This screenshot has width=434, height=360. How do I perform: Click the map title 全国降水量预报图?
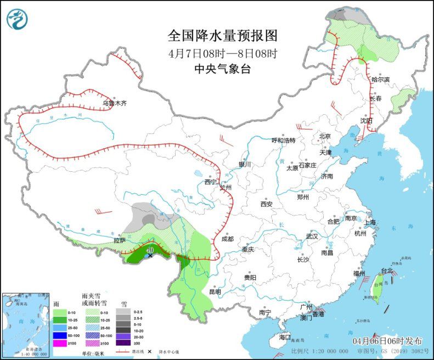[x=223, y=36]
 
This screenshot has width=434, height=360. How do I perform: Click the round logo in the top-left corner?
[x=18, y=19]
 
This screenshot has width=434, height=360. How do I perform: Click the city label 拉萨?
[x=120, y=240]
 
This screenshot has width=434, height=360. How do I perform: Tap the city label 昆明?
[x=216, y=292]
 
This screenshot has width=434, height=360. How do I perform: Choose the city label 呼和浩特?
[x=284, y=140]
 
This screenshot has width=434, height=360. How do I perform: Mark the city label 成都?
[x=228, y=239]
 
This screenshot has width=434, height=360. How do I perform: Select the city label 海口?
[x=284, y=336]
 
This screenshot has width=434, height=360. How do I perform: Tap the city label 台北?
[x=387, y=271]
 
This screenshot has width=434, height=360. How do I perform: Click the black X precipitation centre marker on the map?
[x=150, y=255]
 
